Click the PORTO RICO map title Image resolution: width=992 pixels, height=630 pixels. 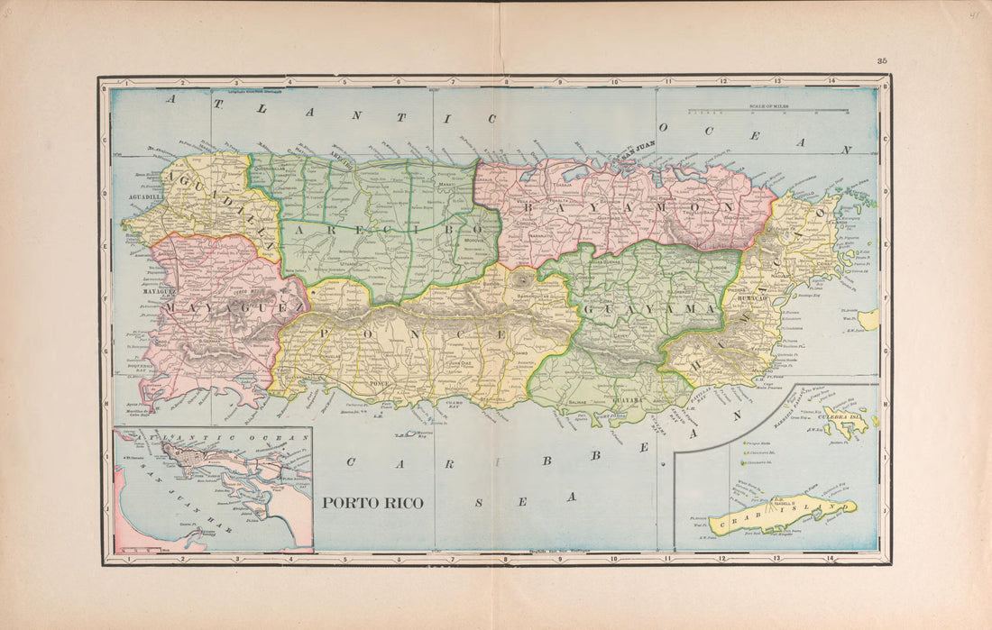[x=372, y=503]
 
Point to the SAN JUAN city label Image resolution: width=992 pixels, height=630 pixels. [x=636, y=154]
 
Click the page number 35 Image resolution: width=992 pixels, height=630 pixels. [x=881, y=60]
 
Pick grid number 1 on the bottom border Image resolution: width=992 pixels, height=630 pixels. [x=130, y=559]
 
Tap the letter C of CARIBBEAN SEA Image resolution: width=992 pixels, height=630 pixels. [x=350, y=462]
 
